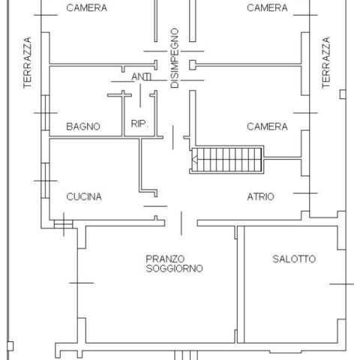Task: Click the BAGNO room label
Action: (x=83, y=127)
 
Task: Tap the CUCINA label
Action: (x=84, y=196)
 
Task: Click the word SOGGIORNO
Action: (x=174, y=268)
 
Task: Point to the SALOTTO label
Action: (x=294, y=259)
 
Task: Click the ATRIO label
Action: (x=260, y=196)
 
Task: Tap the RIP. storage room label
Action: (x=139, y=124)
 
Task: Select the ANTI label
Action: (x=142, y=76)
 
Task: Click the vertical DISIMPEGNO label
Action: (x=175, y=58)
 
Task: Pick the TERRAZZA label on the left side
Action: (x=28, y=62)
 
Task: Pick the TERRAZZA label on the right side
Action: (x=326, y=62)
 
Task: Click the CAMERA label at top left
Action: (x=87, y=7)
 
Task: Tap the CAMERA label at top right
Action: (x=267, y=7)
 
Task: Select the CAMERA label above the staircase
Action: (x=267, y=127)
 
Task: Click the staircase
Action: (x=226, y=160)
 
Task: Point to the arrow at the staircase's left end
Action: (x=195, y=160)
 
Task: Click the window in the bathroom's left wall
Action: (x=45, y=112)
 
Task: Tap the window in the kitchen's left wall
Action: (x=45, y=181)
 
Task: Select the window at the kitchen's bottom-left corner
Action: (x=64, y=224)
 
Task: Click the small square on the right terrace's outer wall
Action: (x=343, y=94)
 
